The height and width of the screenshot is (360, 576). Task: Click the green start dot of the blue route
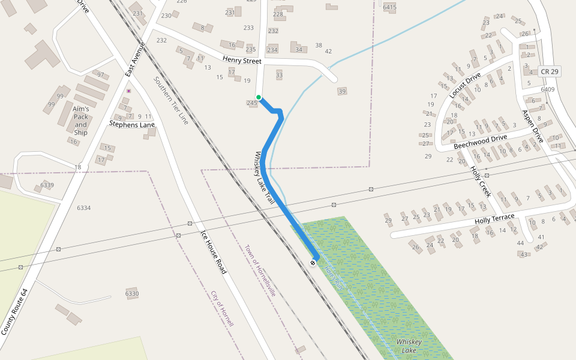259,97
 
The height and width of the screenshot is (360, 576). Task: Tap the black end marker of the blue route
313,263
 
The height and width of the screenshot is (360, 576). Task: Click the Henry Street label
242,60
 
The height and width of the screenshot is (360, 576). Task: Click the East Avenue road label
136,59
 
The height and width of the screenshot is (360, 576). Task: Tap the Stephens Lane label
132,125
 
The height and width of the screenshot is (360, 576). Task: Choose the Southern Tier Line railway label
171,100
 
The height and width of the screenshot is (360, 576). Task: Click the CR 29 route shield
549,71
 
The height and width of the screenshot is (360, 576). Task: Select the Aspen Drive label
532,126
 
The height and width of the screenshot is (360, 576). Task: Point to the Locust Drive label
465,85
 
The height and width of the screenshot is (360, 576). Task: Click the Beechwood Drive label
480,142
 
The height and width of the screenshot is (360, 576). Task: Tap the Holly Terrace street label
494,220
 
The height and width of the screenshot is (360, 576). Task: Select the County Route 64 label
14,311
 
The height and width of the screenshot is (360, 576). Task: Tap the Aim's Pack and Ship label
80,121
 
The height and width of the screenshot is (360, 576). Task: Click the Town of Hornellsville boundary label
260,271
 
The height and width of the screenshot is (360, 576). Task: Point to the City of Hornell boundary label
222,308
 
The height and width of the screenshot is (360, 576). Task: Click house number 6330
132,293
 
